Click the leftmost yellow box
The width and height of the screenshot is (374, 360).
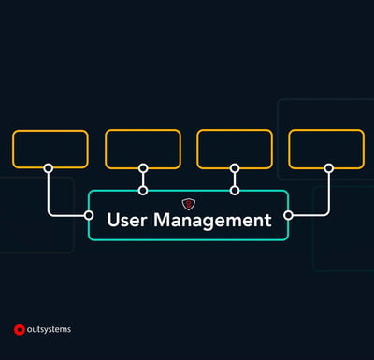50,149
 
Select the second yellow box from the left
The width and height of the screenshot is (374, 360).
143,149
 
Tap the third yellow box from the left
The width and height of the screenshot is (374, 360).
235,149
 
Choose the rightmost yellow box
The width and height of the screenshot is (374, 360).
326,149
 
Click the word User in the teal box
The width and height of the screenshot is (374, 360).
127,222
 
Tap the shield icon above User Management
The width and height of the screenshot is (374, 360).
188,203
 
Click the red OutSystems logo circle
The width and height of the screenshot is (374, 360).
19,329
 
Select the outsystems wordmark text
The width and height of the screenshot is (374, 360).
50,329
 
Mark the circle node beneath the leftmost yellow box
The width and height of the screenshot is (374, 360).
49,168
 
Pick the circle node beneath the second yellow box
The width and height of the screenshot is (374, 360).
143,168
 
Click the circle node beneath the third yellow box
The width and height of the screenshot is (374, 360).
235,168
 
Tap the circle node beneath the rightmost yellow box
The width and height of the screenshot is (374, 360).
328,168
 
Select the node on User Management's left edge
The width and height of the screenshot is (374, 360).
90,215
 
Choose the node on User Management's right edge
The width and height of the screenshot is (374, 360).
288,215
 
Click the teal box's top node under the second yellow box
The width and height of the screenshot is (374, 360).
143,190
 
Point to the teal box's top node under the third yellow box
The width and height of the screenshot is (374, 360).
235,190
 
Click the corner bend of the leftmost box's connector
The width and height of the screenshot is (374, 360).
50,214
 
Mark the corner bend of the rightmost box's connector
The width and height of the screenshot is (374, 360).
327,214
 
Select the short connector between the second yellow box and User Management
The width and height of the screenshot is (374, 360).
143,180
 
